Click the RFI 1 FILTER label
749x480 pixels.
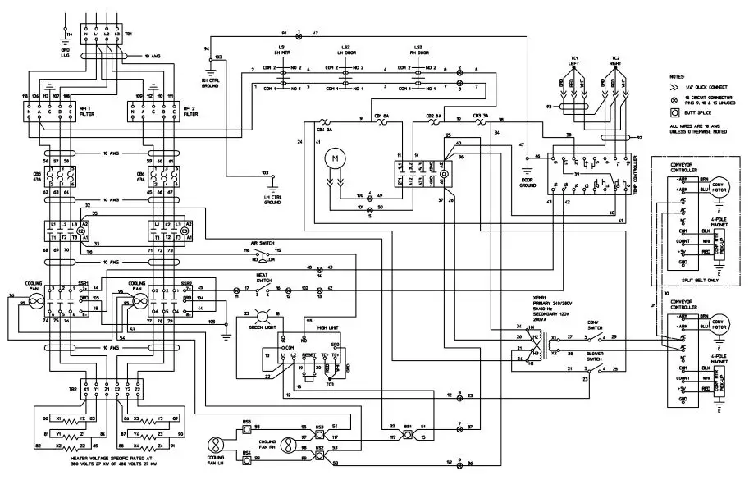pos(105,113)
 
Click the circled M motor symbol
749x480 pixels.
pos(334,157)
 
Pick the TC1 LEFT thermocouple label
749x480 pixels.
pos(576,62)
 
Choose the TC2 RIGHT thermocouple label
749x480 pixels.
pos(615,62)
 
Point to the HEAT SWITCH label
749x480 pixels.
pos(263,278)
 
